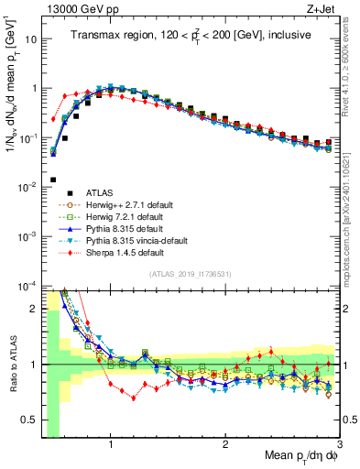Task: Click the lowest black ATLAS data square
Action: (53, 180)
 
